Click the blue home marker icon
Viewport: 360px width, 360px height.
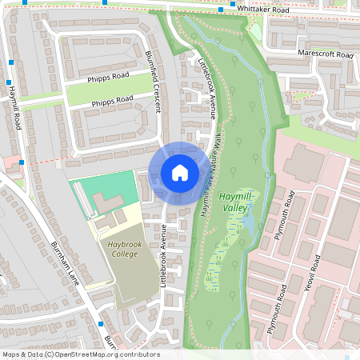pyautogui.click(x=179, y=173)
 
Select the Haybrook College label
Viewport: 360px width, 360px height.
pyautogui.click(x=124, y=248)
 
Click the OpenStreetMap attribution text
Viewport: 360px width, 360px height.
pyautogui.click(x=80, y=354)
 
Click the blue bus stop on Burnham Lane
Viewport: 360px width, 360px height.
pyautogui.click(x=101, y=324)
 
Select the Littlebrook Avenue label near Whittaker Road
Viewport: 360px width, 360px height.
pyautogui.click(x=206, y=88)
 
